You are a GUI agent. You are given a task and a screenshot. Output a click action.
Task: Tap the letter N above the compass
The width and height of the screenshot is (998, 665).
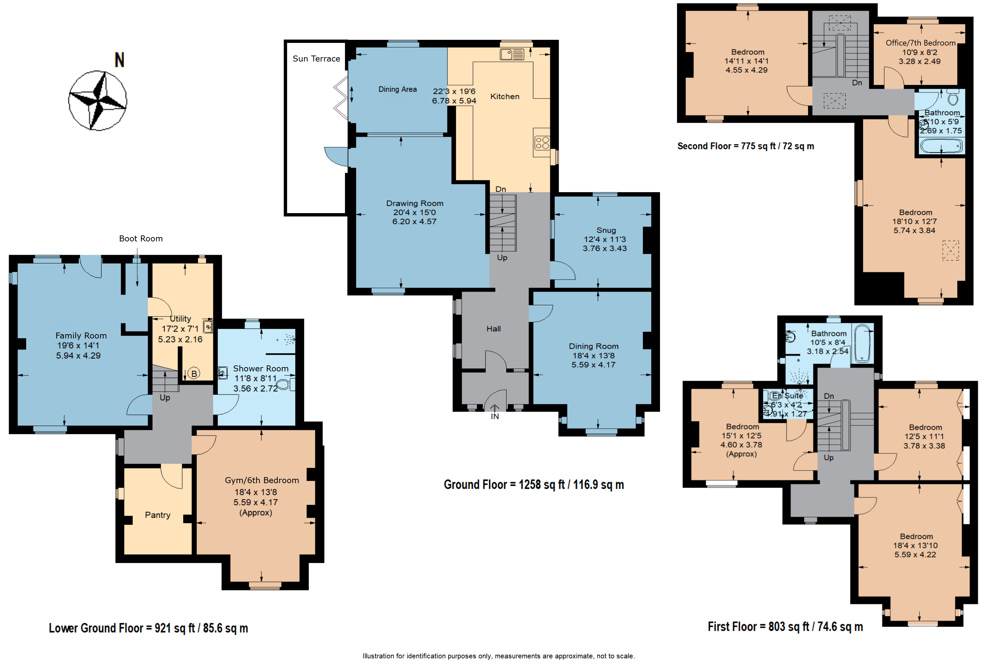(120, 60)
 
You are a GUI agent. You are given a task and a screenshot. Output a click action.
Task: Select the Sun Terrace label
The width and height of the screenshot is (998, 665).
(317, 59)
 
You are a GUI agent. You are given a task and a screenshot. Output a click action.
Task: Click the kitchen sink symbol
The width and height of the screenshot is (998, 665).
(512, 54)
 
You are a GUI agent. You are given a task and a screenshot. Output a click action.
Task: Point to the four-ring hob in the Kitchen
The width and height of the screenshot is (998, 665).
(542, 143)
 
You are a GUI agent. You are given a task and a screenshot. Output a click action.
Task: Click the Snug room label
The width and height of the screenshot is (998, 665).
(606, 230)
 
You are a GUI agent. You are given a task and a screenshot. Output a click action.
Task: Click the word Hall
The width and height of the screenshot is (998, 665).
(493, 329)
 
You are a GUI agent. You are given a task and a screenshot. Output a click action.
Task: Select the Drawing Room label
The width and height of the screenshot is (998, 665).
(415, 203)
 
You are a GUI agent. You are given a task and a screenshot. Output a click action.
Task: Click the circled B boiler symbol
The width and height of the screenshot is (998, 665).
(194, 373)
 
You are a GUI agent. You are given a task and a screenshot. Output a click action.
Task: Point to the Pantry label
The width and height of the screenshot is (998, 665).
(157, 515)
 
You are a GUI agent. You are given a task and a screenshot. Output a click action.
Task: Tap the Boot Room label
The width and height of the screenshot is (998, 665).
(141, 239)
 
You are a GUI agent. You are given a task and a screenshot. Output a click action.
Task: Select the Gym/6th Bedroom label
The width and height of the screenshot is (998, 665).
(262, 480)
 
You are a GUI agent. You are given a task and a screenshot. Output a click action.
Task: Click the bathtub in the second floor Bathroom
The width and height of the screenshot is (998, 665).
(941, 146)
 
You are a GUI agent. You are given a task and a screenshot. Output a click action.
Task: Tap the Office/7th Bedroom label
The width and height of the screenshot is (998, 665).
(920, 43)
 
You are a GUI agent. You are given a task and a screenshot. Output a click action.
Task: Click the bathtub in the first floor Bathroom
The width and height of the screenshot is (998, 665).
(862, 343)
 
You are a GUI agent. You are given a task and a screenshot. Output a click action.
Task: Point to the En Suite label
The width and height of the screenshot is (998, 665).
(787, 396)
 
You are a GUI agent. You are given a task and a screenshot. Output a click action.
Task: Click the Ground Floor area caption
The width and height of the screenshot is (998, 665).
(534, 484)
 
